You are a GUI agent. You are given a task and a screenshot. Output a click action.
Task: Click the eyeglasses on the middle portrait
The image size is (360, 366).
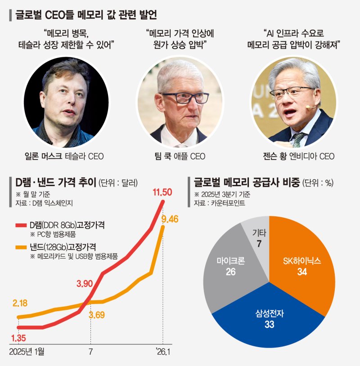click(185, 98)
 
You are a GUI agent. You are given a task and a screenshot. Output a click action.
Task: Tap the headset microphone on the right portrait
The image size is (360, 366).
click(310, 107)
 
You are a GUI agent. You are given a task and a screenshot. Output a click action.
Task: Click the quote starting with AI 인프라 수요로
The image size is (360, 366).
click(293, 39)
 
